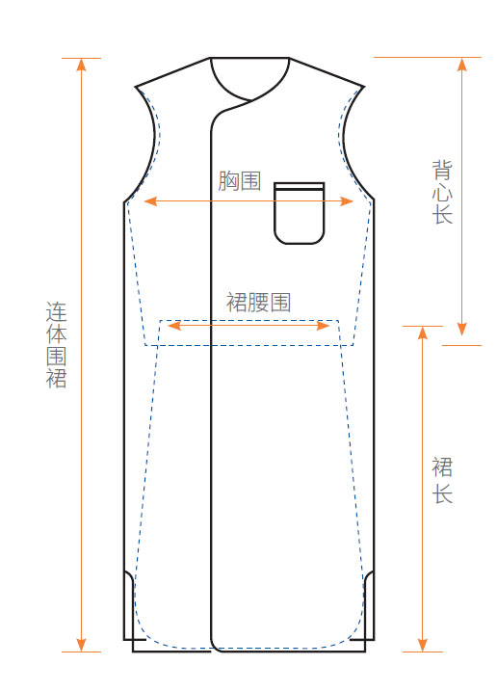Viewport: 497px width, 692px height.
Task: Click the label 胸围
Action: [x=240, y=181]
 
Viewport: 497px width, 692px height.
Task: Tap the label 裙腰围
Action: [x=258, y=303]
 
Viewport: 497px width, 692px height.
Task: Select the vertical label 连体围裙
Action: [x=57, y=345]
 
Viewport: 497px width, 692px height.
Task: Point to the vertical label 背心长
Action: [x=442, y=192]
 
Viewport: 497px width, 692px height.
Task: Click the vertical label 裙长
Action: [x=442, y=481]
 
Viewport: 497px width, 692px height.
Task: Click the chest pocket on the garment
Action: [x=300, y=213]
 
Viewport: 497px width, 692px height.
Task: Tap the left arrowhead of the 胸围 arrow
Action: [x=150, y=201]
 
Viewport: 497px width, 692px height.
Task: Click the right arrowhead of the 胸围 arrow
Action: [x=347, y=201]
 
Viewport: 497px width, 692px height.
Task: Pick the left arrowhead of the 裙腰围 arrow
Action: [x=174, y=326]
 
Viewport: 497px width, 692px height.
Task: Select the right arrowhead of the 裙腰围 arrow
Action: [x=324, y=326]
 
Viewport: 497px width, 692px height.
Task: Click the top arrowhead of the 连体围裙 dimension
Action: [x=81, y=65]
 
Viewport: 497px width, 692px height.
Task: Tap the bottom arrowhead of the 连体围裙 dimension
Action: [x=81, y=645]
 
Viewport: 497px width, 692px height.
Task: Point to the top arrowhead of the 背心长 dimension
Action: [x=461, y=65]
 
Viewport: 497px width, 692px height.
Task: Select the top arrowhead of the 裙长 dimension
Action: [x=423, y=333]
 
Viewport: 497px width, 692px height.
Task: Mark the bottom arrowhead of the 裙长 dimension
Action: [x=423, y=645]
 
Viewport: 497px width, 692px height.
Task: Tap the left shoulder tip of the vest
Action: [x=136, y=87]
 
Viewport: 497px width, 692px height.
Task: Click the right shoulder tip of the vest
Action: [x=364, y=87]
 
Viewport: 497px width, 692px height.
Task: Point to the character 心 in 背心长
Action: [x=442, y=192]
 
